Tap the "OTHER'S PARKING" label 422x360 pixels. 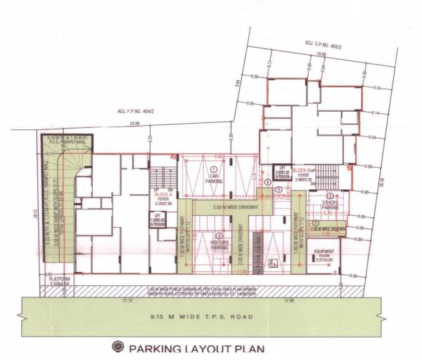(x=329, y=205)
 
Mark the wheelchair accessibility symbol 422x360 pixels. (x=273, y=266)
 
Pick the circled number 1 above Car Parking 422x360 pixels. (x=215, y=162)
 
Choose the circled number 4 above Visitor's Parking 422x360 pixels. (x=219, y=236)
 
